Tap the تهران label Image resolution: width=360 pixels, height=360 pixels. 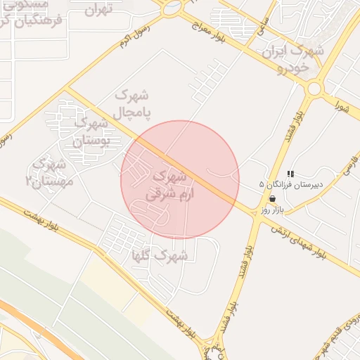pos(98,10)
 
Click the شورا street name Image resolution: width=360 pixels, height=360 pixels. pos(342,108)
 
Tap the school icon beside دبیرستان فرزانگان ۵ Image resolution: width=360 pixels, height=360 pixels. pos(290,174)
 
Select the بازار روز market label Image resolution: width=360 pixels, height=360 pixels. pos(271,210)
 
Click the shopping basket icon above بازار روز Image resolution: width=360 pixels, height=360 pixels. pos(272,199)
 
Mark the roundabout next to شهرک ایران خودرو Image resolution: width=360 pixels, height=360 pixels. pos(314,88)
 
